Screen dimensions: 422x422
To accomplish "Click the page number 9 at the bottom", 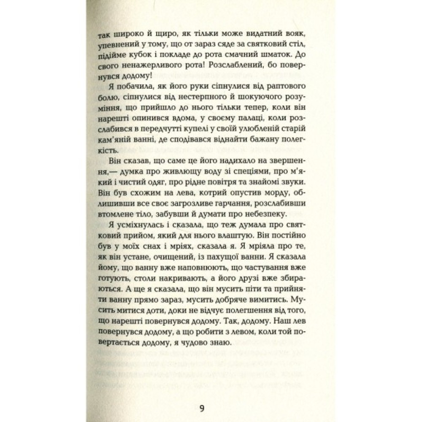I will (201, 408).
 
